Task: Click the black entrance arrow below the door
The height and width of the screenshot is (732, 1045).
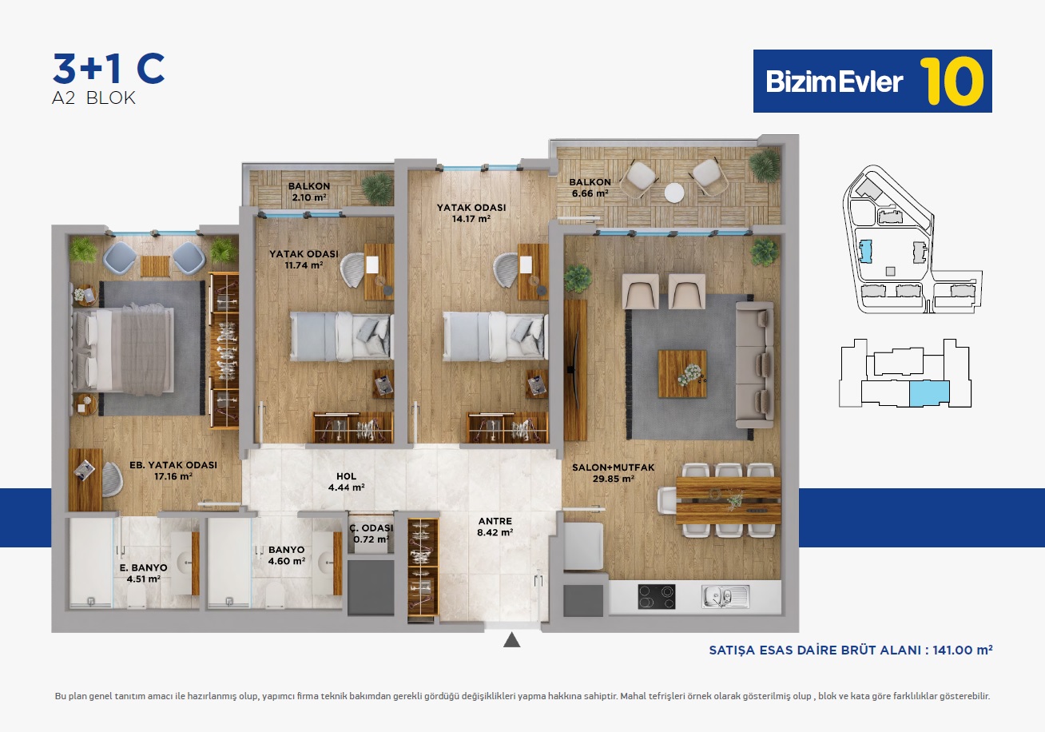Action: (512, 640)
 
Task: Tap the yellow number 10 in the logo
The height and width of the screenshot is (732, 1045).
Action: (952, 82)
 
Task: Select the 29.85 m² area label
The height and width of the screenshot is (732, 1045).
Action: (613, 479)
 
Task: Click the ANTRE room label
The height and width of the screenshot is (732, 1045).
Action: (495, 521)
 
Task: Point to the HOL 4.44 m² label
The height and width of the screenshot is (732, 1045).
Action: (346, 482)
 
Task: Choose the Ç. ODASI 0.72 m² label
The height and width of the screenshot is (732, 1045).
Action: (372, 534)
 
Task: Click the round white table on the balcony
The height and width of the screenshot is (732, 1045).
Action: (674, 193)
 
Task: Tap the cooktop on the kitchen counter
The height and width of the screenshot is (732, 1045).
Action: (657, 597)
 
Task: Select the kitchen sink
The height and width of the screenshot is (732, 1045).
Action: (725, 597)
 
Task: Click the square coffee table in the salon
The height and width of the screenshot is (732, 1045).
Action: (682, 374)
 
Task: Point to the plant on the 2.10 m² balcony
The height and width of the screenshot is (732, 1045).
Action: (377, 188)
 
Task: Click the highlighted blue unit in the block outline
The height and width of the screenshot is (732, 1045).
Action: (929, 393)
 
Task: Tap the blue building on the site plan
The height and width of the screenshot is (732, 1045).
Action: (866, 252)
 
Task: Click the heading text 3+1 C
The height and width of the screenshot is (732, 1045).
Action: (109, 69)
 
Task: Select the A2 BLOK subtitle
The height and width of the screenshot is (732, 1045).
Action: (93, 98)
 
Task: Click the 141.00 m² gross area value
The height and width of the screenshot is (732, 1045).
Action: (963, 650)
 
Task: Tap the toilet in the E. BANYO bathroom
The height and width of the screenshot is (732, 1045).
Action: (137, 597)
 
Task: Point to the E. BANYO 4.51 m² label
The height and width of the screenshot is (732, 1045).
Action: (143, 574)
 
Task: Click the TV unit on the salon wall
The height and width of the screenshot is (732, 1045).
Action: (574, 370)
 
